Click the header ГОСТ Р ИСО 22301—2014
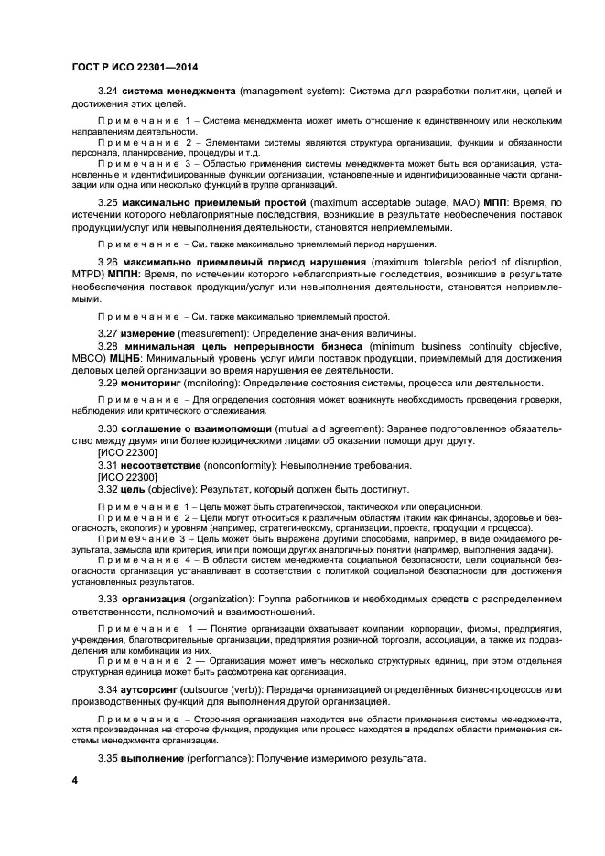[x=134, y=65]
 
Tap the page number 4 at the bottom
[x=75, y=780]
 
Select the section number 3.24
[x=108, y=93]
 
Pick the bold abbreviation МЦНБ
[x=126, y=358]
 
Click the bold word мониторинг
[x=157, y=383]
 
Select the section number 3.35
[x=108, y=759]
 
